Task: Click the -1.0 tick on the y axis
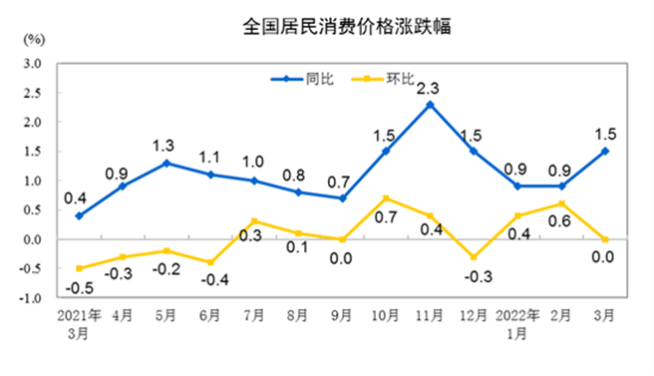click(34, 298)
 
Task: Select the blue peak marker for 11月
click(430, 105)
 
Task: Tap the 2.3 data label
click(430, 87)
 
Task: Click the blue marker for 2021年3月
click(78, 215)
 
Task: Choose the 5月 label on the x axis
click(165, 315)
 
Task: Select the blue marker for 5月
click(165, 163)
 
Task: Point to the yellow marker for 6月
click(209, 262)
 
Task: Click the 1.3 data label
click(165, 145)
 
